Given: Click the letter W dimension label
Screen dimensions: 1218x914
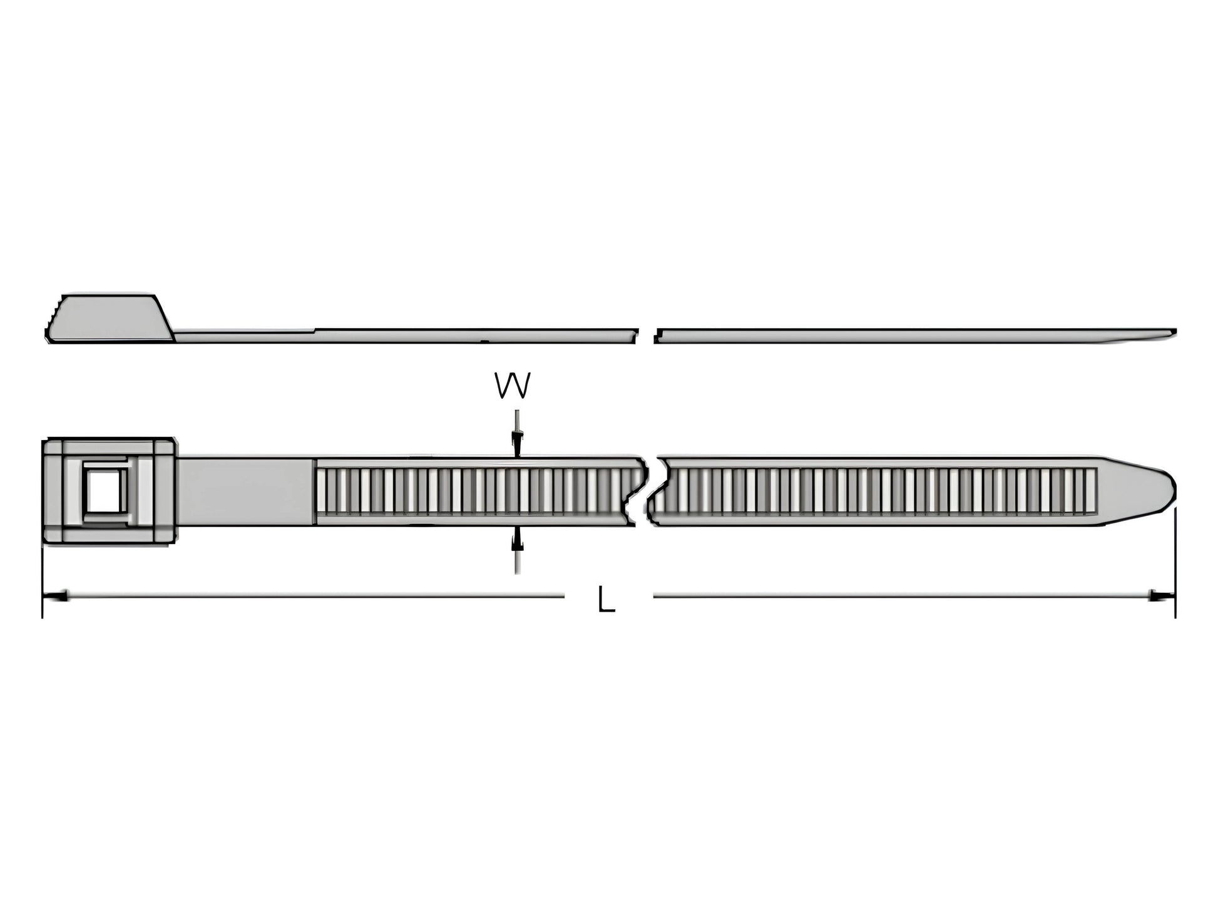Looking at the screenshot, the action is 513,386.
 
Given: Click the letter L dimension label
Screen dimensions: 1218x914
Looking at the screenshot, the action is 606,598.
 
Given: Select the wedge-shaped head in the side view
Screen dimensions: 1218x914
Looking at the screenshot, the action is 110,318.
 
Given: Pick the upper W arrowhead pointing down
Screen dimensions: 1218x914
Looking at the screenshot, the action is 516,443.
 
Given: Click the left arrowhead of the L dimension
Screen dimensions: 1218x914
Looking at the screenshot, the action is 54,596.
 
